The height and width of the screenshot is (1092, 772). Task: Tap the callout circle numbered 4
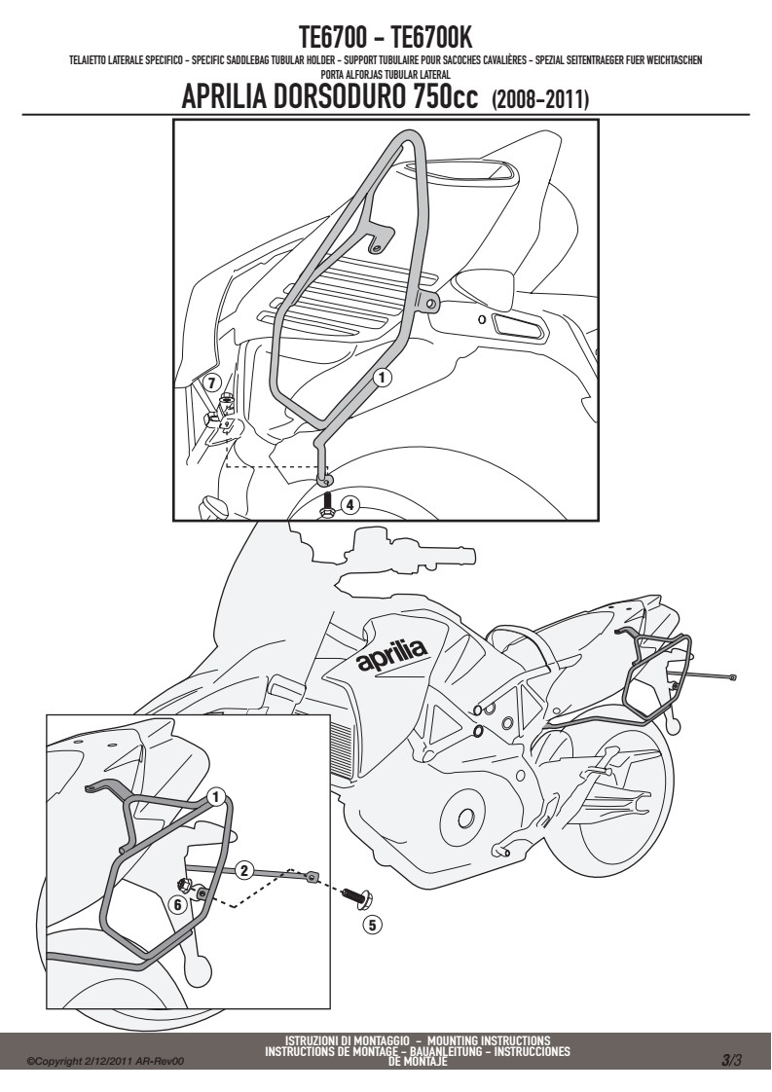tap(349, 504)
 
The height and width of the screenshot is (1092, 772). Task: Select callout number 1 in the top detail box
tap(381, 378)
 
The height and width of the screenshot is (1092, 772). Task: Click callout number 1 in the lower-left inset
tap(216, 797)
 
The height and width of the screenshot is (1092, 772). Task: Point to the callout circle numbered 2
tap(243, 870)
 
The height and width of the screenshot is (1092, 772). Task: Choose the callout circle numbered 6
tap(178, 904)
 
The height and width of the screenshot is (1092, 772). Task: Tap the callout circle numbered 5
tap(372, 925)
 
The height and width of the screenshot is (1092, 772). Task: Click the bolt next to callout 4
tap(327, 506)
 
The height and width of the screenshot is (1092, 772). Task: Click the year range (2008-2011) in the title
tap(540, 99)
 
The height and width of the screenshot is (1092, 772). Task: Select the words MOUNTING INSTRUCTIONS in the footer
tap(489, 1040)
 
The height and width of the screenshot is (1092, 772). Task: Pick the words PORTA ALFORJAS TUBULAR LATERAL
tap(386, 74)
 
